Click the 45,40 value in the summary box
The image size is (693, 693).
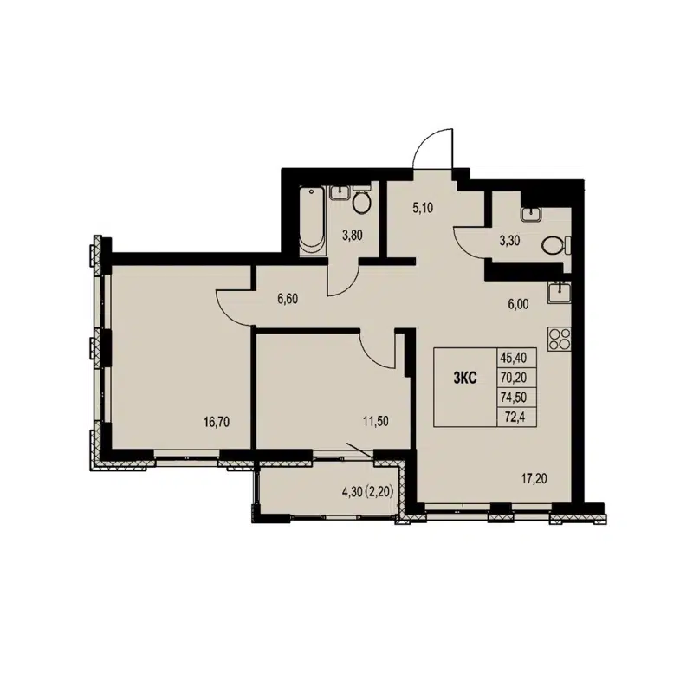513,356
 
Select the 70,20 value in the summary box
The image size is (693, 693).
513,376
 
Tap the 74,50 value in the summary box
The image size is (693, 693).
513,396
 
